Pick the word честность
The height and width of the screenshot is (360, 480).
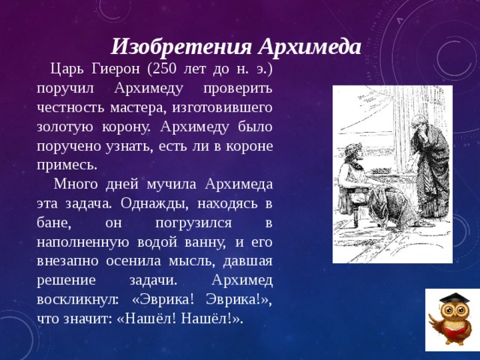point(72,107)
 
